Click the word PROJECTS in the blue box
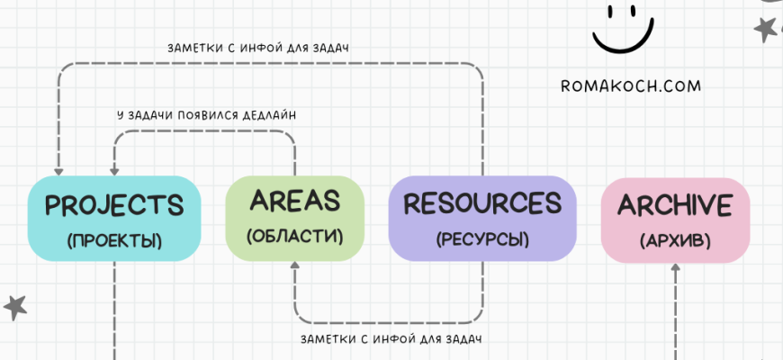[113, 205]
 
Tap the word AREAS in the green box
[294, 200]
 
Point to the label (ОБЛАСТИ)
[294, 236]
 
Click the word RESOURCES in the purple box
[481, 202]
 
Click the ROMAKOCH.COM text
[629, 87]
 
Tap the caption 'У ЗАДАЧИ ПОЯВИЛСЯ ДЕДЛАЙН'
[207, 115]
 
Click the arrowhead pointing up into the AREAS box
[294, 267]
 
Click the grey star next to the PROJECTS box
[14, 307]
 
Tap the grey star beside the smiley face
[765, 29]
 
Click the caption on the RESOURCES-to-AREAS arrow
[391, 339]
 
